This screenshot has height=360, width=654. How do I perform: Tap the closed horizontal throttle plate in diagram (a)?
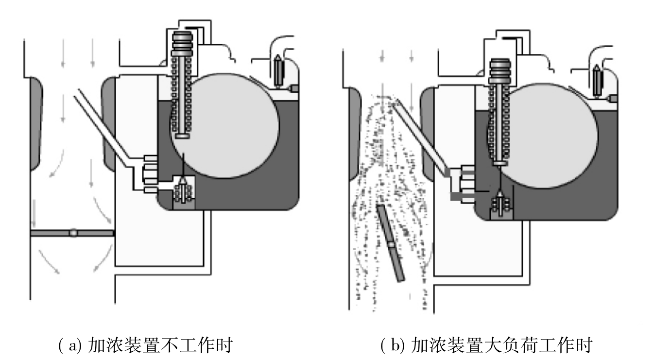click(72, 233)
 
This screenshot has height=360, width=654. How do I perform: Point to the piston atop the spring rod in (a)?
click(182, 44)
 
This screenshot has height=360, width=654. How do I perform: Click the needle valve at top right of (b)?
click(597, 80)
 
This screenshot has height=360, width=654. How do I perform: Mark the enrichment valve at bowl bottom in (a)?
click(183, 191)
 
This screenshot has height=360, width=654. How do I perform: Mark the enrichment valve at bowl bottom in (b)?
click(501, 205)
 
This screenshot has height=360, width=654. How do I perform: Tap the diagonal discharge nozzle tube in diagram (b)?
click(420, 136)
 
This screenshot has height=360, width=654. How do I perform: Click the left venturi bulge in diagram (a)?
click(35, 124)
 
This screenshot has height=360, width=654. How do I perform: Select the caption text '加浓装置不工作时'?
click(160, 345)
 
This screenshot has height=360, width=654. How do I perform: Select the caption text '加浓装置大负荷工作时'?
click(501, 345)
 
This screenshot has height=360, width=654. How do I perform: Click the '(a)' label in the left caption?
click(70, 345)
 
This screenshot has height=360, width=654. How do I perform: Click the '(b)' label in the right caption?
click(393, 345)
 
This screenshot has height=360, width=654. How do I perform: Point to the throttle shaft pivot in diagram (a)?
click(73, 233)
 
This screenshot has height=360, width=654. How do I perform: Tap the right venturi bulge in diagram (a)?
click(109, 124)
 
